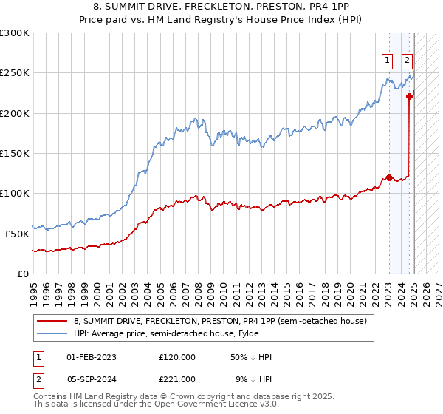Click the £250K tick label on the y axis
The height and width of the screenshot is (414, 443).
tap(14, 73)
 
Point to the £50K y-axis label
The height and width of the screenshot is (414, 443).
tap(16, 233)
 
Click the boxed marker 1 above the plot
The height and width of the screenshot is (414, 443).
tap(387, 61)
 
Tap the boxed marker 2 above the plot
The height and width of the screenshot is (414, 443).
tap(407, 61)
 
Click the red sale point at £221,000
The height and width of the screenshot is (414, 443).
tap(409, 96)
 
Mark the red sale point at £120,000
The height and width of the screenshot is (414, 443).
tap(389, 177)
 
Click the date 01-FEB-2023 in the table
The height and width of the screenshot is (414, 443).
tap(92, 357)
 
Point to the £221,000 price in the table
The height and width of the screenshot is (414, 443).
tap(177, 378)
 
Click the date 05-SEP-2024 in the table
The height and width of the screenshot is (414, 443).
tap(92, 378)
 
